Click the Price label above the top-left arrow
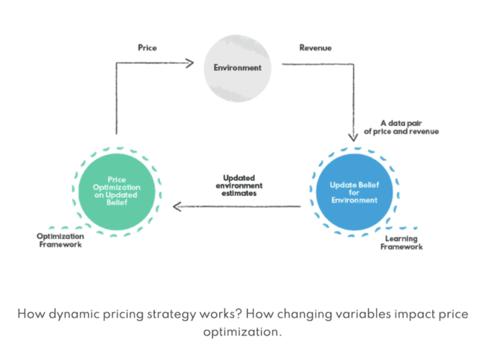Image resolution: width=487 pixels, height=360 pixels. pyautogui.click(x=147, y=48)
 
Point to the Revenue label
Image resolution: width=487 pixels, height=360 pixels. pyautogui.click(x=315, y=48)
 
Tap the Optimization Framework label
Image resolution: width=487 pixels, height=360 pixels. pyautogui.click(x=61, y=240)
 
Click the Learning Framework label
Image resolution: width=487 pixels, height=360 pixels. pyautogui.click(x=403, y=243)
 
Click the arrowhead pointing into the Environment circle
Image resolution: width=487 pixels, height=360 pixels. pyautogui.click(x=190, y=63)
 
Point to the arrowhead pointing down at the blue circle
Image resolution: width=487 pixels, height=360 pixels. pyautogui.click(x=353, y=137)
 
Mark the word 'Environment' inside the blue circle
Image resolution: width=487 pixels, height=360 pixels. pyautogui.click(x=353, y=200)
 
